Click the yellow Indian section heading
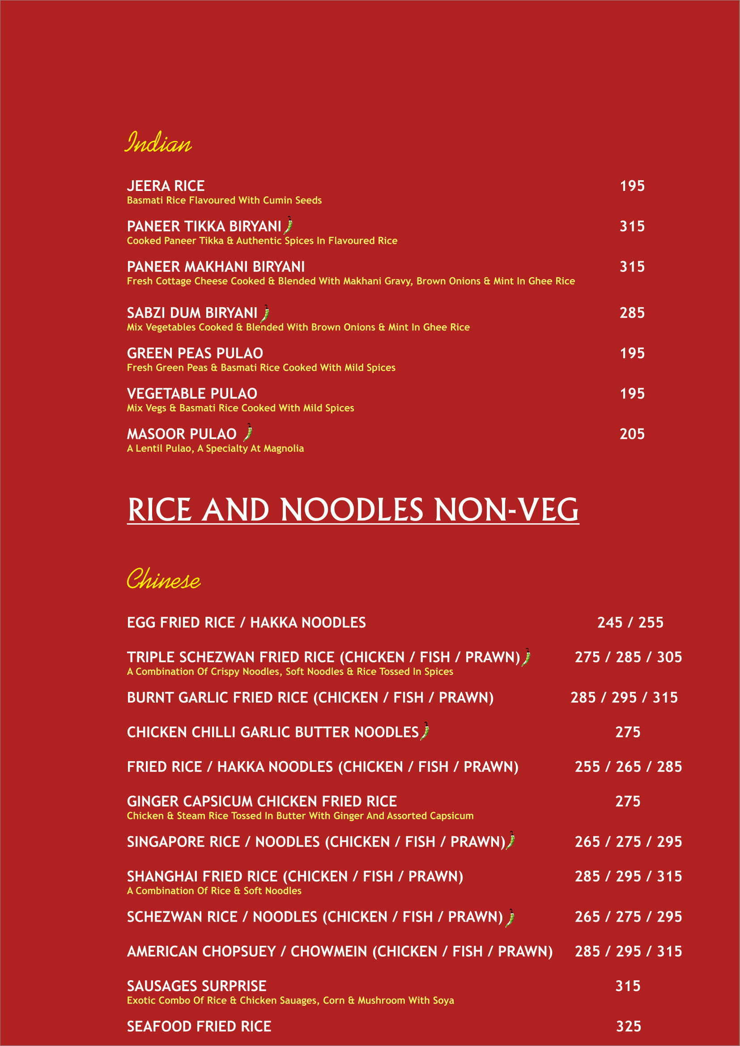pos(158,142)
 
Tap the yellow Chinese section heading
pos(163,579)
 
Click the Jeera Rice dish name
pos(166,186)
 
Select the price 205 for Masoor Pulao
pos(632,434)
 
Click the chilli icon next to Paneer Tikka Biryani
pos(289,225)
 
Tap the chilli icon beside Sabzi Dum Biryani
pos(265,313)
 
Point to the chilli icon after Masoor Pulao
pos(248,433)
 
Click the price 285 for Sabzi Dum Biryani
pos(632,313)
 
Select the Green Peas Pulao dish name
pos(195,353)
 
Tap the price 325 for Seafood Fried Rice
pos(628,1026)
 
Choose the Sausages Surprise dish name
pos(196,986)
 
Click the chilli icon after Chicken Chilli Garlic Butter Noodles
pos(425,731)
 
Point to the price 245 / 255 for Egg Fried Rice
pos(630,623)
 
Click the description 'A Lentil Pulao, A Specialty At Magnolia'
pos(215,448)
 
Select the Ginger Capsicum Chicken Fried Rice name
pos(262,801)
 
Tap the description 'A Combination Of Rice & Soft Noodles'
pos(214,891)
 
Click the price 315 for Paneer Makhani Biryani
pos(632,267)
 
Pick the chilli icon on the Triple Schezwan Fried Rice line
pos(526,657)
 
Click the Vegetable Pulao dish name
pos(192,394)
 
